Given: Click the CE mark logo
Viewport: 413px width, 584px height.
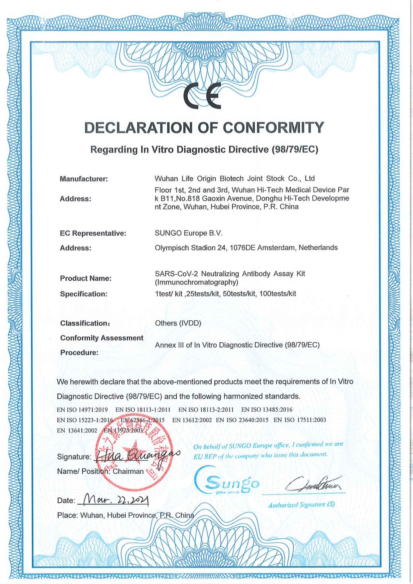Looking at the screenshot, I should coord(202,96).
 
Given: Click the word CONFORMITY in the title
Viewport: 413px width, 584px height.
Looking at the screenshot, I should coord(273,128).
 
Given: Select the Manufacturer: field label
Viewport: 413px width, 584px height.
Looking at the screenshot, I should coord(84,179).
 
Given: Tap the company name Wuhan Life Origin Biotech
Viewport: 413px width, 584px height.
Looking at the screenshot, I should coord(199,178).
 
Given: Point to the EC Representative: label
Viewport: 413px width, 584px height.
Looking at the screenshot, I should coord(93,233).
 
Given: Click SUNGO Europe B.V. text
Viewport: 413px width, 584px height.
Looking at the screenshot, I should coord(189,233).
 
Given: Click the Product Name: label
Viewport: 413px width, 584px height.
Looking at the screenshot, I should coord(86,278).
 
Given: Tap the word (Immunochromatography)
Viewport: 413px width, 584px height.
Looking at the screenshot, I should coord(197,282).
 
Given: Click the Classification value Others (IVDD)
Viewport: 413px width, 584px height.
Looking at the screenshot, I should coord(178,323).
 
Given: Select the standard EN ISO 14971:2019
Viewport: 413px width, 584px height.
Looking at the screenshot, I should coord(82,410).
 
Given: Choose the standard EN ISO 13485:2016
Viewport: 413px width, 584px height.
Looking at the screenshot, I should coord(267,410).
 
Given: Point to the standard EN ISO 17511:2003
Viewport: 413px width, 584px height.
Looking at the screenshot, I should coord(300,420).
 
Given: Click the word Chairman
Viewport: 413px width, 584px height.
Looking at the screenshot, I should coord(128,472).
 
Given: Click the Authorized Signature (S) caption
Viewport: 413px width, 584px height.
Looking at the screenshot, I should coord(301,505).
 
